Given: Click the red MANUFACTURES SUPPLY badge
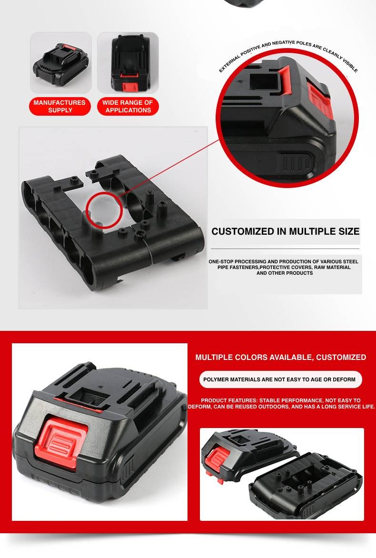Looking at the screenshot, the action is click(x=60, y=106).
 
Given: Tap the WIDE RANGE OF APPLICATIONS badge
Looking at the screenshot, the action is click(x=128, y=106).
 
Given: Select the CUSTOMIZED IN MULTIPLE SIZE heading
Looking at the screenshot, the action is click(x=285, y=231).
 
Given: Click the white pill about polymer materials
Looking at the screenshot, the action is click(x=280, y=379).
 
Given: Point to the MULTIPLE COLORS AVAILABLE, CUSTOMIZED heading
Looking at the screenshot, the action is click(x=281, y=357).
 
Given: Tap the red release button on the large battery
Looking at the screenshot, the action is click(x=61, y=442).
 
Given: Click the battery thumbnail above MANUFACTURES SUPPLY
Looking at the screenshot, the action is click(x=61, y=63).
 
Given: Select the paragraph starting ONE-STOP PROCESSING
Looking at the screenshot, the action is click(x=284, y=267).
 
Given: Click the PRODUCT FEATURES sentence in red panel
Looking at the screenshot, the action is click(x=281, y=403).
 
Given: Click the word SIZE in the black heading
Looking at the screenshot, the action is click(x=348, y=231).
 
